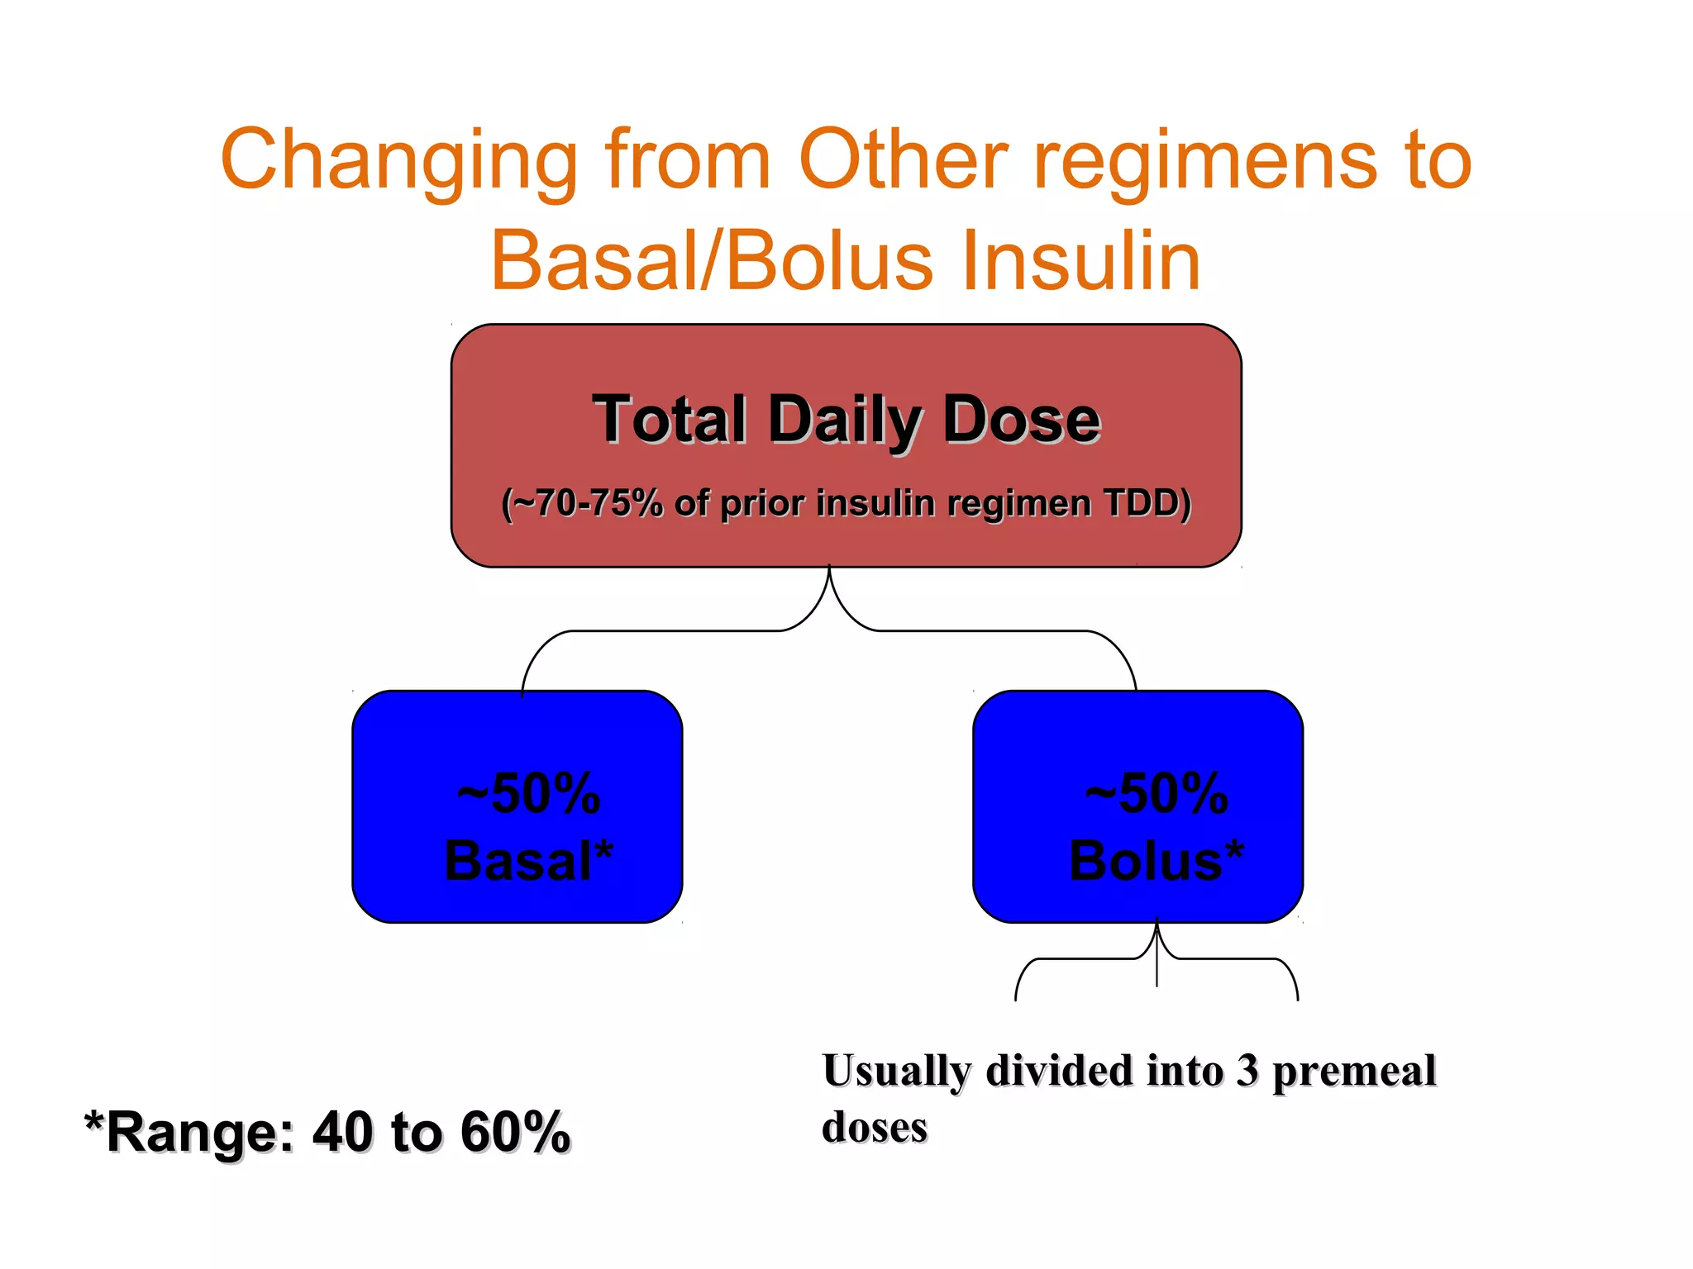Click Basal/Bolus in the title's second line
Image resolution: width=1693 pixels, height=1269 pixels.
712,260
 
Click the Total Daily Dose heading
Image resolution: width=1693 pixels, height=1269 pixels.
846,420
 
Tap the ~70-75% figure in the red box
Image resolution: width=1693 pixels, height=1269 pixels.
584,502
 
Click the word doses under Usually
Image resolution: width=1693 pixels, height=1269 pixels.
874,1127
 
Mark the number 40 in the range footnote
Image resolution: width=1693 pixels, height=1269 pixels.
342,1132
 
